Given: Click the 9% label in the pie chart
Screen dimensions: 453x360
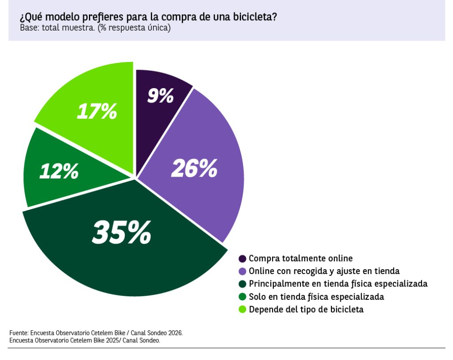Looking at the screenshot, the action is click(x=160, y=95).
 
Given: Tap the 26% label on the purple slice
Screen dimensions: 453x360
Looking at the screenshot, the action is click(x=194, y=168).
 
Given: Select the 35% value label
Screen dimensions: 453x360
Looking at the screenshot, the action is click(x=122, y=232).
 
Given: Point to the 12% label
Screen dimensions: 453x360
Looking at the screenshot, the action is click(x=59, y=171).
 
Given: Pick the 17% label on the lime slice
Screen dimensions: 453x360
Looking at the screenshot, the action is click(x=97, y=111).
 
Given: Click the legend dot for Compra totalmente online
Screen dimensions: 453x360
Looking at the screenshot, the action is click(x=242, y=259).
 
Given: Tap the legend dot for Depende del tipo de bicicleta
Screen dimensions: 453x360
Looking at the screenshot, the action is click(x=242, y=310).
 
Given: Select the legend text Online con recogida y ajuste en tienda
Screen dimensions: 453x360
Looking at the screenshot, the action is click(x=324, y=271).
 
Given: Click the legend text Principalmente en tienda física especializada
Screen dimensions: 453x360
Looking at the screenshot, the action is click(x=338, y=284).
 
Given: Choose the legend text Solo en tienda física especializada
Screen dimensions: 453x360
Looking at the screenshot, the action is click(x=316, y=297).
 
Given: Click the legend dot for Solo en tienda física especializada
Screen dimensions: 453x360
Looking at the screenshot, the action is click(x=242, y=297).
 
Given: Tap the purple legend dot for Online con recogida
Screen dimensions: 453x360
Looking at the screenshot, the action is click(x=242, y=271).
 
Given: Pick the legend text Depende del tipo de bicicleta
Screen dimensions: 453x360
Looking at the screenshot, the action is click(x=306, y=310).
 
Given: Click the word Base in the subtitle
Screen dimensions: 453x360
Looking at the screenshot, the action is click(x=29, y=28).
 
